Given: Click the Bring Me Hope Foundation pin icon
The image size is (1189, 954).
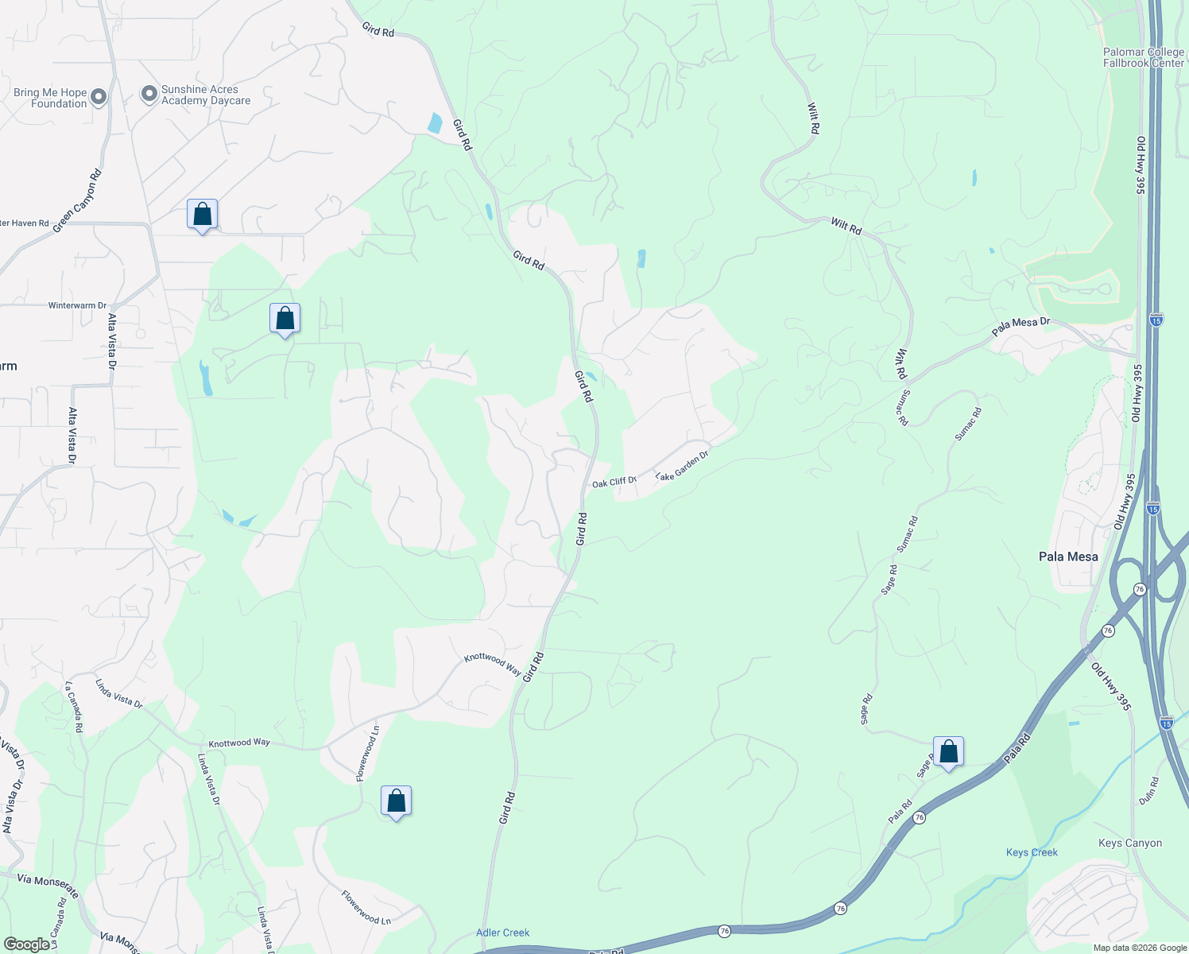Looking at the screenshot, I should tap(99, 97).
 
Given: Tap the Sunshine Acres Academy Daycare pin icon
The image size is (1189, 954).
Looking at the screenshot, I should tap(149, 94).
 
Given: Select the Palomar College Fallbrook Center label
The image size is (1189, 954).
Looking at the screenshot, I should tap(1143, 57).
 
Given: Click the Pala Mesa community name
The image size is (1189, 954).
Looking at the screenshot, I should tap(1068, 556).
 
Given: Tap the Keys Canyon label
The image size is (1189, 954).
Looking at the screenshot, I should tap(1129, 843).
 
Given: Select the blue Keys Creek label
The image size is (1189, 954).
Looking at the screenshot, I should tap(1032, 852).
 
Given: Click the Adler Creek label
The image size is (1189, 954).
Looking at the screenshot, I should tap(502, 933).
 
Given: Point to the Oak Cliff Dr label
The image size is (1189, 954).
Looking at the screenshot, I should tap(614, 482).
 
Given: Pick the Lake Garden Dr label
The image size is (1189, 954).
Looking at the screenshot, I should tap(681, 466).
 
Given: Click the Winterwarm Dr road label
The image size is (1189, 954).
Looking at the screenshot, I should tap(77, 305).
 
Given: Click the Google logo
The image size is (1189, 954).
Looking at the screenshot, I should tap(27, 944).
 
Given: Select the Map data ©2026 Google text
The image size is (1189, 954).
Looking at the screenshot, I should tap(1139, 948).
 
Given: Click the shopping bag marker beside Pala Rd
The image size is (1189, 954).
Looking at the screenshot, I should tap(948, 751).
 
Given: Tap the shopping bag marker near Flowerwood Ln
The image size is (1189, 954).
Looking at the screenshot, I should tap(396, 801).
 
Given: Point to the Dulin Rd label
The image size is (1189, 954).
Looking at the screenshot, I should tap(1148, 791).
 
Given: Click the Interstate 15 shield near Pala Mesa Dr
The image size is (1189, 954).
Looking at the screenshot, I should tap(1156, 320).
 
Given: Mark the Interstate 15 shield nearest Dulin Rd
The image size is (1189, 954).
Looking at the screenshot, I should tap(1166, 723).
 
